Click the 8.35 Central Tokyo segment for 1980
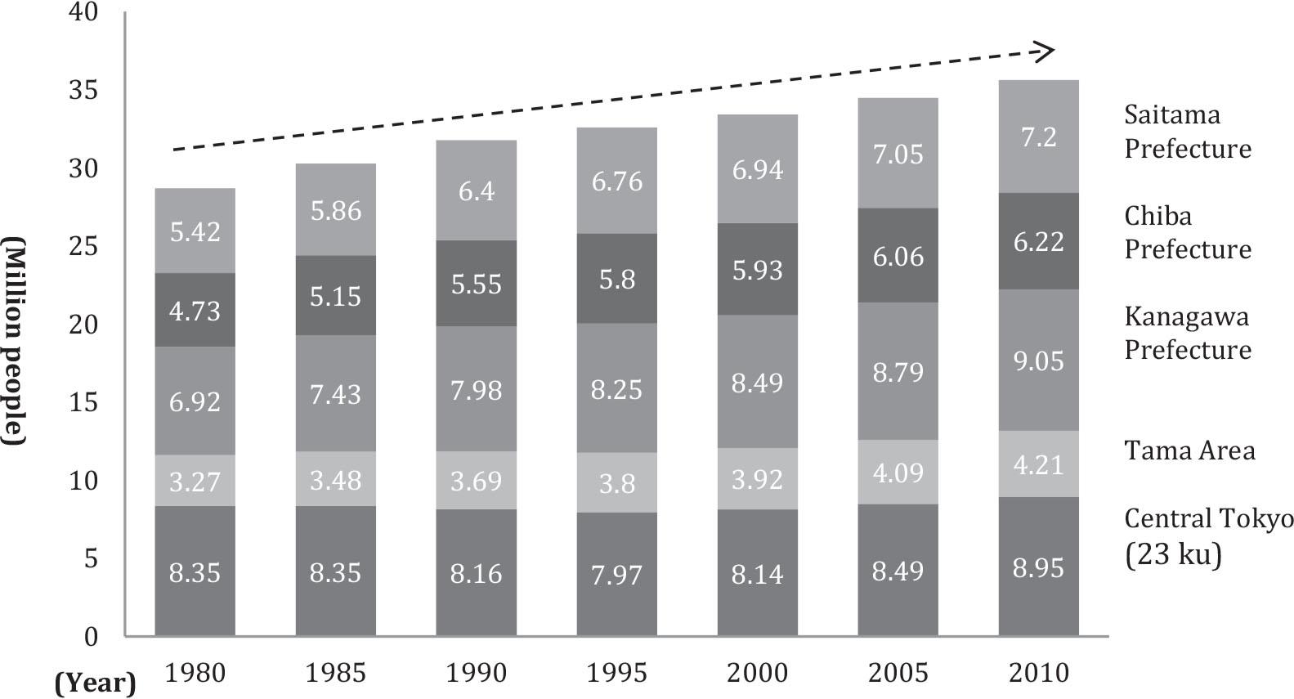pyautogui.click(x=195, y=571)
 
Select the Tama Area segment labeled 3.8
pyautogui.click(x=616, y=483)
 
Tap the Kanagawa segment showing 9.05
pyautogui.click(x=1038, y=360)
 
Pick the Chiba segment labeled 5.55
pyautogui.click(x=476, y=284)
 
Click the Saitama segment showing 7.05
pyautogui.click(x=898, y=154)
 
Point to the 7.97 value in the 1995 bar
pyautogui.click(x=616, y=574)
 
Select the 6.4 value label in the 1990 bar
pyautogui.click(x=476, y=190)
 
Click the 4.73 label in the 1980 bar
pyautogui.click(x=195, y=311)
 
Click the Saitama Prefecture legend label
pyautogui.click(x=1187, y=132)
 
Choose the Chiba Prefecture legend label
pyautogui.click(x=1187, y=232)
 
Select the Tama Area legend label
pyautogui.click(x=1189, y=450)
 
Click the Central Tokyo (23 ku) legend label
pyautogui.click(x=1208, y=535)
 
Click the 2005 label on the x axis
pyautogui.click(x=898, y=673)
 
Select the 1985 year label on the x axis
pyautogui.click(x=335, y=673)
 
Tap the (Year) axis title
pyautogui.click(x=96, y=683)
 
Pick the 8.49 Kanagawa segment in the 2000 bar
pyautogui.click(x=757, y=382)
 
